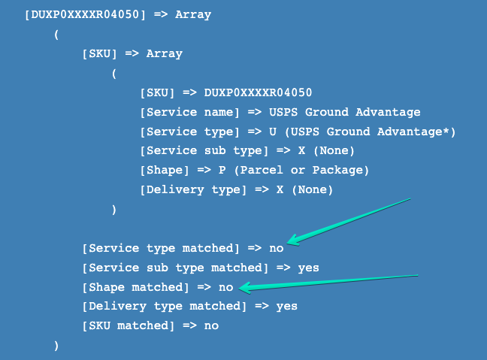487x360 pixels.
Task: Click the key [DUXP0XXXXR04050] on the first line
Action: point(85,14)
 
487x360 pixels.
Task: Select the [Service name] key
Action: point(189,112)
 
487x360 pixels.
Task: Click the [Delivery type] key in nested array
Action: point(192,190)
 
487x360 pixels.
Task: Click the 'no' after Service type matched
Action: point(276,248)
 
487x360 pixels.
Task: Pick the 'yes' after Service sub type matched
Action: point(308,268)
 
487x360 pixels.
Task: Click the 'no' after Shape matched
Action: point(226,287)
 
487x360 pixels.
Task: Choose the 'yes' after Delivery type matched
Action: point(286,307)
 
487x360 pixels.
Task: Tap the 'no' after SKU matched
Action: point(211,326)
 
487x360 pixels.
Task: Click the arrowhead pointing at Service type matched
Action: point(293,241)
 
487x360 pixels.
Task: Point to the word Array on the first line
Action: point(193,14)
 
